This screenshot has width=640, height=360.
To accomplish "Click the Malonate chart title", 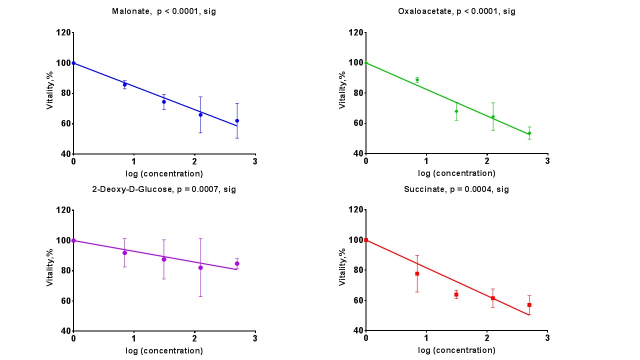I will (164, 11).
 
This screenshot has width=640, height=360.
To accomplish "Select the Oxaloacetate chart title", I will (456, 11).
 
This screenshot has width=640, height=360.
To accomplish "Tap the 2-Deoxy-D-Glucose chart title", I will (164, 189).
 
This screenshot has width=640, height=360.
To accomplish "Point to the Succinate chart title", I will (456, 189).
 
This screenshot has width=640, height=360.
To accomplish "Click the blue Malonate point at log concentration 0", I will (73, 63).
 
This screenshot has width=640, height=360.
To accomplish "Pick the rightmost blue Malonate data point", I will (237, 120).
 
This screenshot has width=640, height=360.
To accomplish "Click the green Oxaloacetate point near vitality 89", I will (417, 79).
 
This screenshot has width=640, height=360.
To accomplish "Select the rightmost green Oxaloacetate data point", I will (529, 133).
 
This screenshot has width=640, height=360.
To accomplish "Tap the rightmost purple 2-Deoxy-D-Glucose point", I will (237, 263).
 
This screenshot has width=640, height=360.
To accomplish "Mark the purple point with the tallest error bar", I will (200, 267).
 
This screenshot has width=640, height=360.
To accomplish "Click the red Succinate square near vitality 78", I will (417, 273).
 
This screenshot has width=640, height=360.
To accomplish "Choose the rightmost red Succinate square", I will (529, 304).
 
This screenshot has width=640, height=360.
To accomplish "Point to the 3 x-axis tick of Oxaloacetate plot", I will (547, 161).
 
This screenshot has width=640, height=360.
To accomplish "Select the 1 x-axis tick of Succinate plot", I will (426, 338).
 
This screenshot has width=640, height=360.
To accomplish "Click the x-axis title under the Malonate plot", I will (164, 174).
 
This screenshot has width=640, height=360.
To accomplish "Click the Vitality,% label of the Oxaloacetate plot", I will (342, 90).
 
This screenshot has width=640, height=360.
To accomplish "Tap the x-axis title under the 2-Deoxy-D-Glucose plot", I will (164, 350).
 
